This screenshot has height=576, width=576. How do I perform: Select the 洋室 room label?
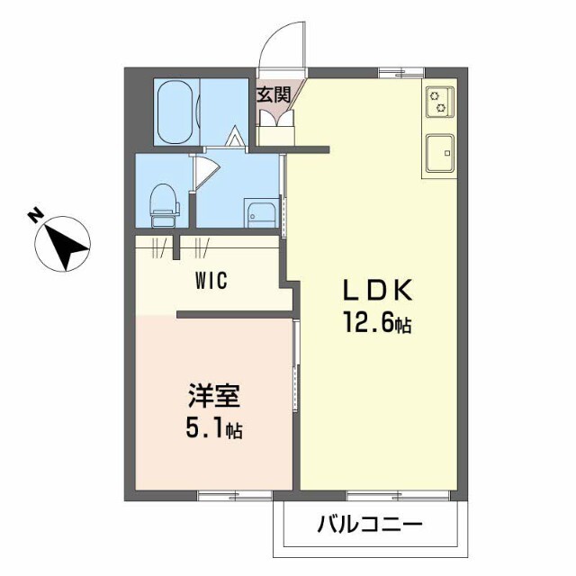coord(213,397)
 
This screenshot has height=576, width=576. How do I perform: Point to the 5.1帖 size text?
coord(214,429)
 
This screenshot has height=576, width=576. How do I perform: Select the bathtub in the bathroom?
coord(175,111)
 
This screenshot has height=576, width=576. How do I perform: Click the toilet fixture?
coord(164,204)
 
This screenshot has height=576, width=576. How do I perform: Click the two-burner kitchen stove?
coord(439,101)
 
